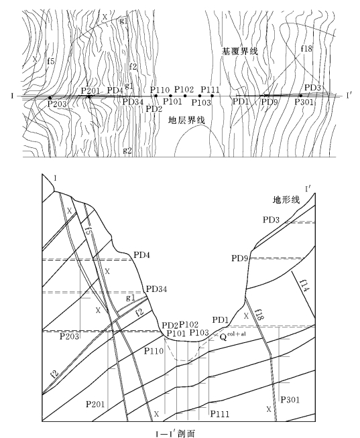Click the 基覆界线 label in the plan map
coord(240,51)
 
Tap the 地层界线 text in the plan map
coord(186,120)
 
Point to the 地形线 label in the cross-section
coord(286,200)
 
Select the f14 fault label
coord(304,285)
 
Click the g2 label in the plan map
coord(127,151)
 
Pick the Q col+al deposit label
coord(233,336)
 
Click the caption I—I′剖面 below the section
coord(175,433)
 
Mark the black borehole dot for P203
coord(50,98)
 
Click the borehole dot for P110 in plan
coord(156,96)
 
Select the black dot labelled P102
coord(185,96)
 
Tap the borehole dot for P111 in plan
coord(213,96)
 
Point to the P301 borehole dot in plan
coord(301,96)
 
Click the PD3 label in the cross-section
coord(271,220)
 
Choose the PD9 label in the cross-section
coord(240,258)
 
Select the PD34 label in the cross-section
coord(157,289)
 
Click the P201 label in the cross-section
coord(95,404)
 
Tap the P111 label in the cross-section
coord(220,414)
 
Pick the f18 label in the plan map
coord(306,49)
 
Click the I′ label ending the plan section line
coord(349,96)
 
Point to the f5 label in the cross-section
coord(89,232)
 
